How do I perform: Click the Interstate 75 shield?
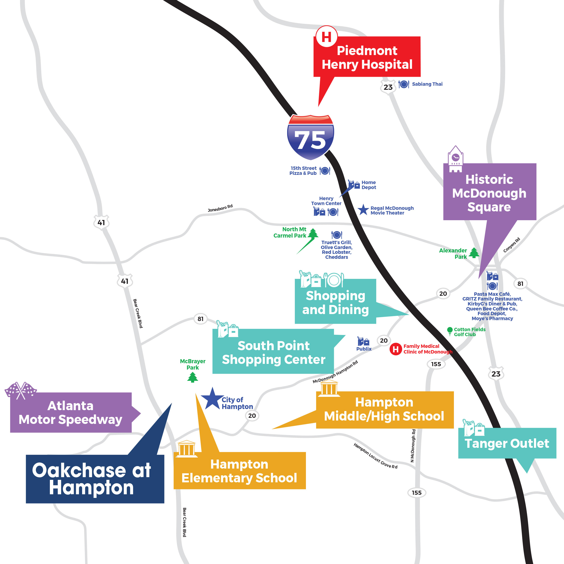310,137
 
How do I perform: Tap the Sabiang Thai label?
427,84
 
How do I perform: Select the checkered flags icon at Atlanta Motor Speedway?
21,391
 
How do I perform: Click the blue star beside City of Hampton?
212,399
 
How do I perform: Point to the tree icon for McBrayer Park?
192,377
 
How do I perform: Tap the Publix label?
364,349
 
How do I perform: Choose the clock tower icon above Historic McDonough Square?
455,159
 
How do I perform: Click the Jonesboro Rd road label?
220,208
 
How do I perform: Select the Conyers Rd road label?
511,245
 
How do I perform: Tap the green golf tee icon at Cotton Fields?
450,331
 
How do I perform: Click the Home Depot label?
369,185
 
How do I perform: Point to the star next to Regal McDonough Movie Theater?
363,210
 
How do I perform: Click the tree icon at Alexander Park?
474,253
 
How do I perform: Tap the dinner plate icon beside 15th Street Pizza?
325,171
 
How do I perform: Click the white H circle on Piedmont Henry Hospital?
326,37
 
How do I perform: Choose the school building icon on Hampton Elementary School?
187,449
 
